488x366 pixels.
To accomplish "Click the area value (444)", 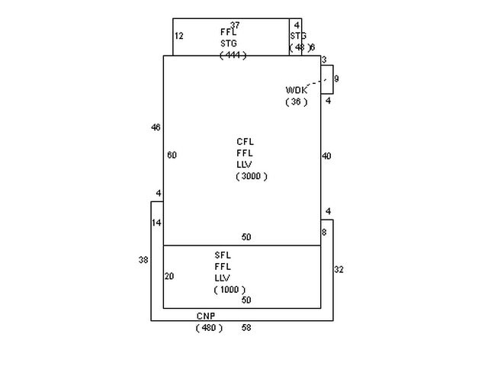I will (x=233, y=56).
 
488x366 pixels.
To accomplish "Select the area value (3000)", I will (x=252, y=176).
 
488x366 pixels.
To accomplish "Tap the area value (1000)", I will (x=230, y=290).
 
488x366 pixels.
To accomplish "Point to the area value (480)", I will (x=209, y=328).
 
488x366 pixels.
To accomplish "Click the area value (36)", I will (x=297, y=102).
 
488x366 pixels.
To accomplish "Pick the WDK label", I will (x=297, y=90).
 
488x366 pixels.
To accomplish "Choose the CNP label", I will (x=206, y=316).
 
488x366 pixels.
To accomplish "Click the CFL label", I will (x=245, y=142).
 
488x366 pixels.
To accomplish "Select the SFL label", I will (x=223, y=255).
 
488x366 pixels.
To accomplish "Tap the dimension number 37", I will (x=235, y=25).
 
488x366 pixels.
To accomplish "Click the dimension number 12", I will (x=179, y=36).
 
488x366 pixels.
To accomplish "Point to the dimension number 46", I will (x=156, y=127).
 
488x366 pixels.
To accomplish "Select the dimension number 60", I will (x=172, y=156).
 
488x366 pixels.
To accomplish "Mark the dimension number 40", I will (x=326, y=156).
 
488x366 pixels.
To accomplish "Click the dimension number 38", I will (x=143, y=260).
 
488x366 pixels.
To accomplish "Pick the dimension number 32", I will (x=339, y=269).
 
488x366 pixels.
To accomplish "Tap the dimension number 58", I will (x=246, y=328).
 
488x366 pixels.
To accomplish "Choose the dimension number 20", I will (x=169, y=276).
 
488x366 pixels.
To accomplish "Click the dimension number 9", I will (x=336, y=79).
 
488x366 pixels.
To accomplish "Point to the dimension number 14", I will (x=156, y=223).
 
